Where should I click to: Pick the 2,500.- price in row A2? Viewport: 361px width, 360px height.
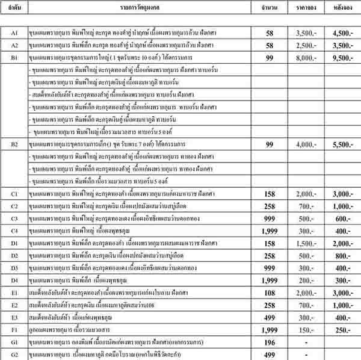click(x=308, y=46)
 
